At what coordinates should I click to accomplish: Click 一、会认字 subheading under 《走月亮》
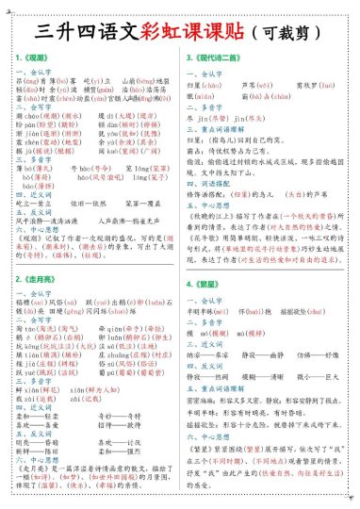pyautogui.click(x=37, y=269)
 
